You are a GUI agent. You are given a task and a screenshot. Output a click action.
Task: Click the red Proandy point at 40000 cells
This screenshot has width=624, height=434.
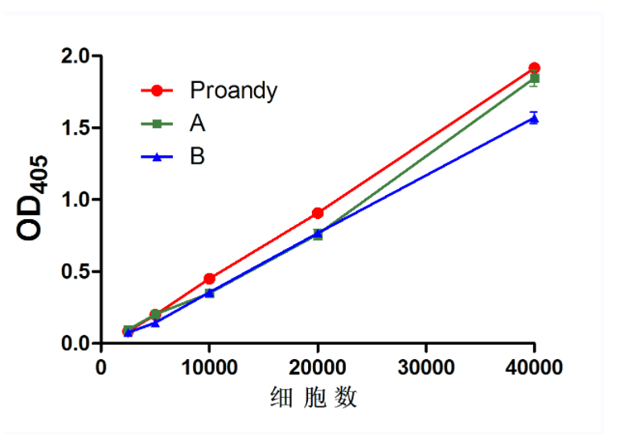point(534,68)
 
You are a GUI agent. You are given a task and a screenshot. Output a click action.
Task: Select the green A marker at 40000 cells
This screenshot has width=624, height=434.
point(534,79)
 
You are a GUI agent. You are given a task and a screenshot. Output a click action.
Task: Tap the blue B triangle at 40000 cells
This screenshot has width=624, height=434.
point(534,118)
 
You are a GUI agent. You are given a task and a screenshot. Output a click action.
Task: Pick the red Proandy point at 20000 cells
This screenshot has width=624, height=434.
point(318,213)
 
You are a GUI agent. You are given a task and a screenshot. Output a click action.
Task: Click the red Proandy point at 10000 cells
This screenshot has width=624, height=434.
point(209,279)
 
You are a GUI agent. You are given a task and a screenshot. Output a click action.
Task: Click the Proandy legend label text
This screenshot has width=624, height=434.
point(233,90)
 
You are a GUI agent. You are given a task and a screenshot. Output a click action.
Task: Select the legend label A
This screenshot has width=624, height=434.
point(197,123)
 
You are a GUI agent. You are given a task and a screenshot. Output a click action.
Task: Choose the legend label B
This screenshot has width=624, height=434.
point(197,156)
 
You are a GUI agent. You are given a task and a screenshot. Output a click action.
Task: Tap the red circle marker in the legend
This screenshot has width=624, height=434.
point(158,90)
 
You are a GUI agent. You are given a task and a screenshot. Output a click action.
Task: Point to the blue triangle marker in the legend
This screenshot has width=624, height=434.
point(158,156)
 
